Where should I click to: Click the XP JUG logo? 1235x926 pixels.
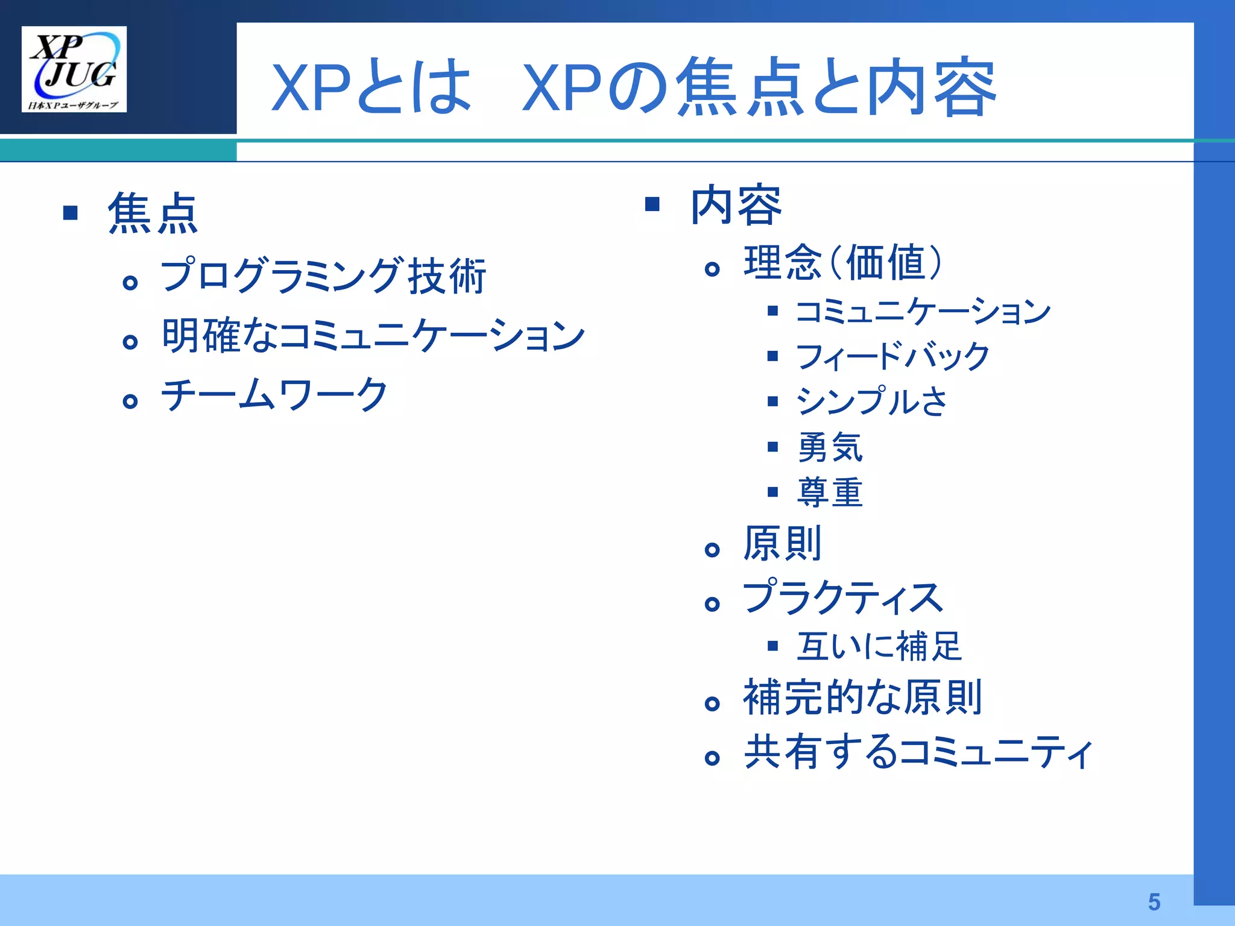coord(74,69)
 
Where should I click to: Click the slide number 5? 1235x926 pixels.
coord(1154,902)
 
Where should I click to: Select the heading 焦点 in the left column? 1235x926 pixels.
coord(153,213)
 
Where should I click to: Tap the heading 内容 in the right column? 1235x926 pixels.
coord(736,206)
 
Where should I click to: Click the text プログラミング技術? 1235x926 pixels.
coord(323,276)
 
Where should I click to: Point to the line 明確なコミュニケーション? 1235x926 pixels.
coord(373,336)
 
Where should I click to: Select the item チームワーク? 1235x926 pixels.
coord(274,395)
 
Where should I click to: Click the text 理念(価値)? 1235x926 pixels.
coord(842,263)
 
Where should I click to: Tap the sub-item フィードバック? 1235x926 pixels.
coord(892,356)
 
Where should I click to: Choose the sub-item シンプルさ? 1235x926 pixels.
coord(872,402)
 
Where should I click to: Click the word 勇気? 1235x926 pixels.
coord(830,447)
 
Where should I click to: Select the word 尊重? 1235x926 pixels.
coord(830,493)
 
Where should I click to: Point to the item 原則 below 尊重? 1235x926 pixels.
coord(782,544)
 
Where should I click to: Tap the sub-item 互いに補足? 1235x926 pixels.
coord(879,646)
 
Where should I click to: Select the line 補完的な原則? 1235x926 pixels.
coord(863,698)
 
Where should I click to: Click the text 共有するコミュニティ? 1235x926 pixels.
coord(918,752)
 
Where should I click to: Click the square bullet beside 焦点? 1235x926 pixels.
coord(71,213)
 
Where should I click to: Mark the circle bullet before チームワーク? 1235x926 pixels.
coord(130,401)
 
